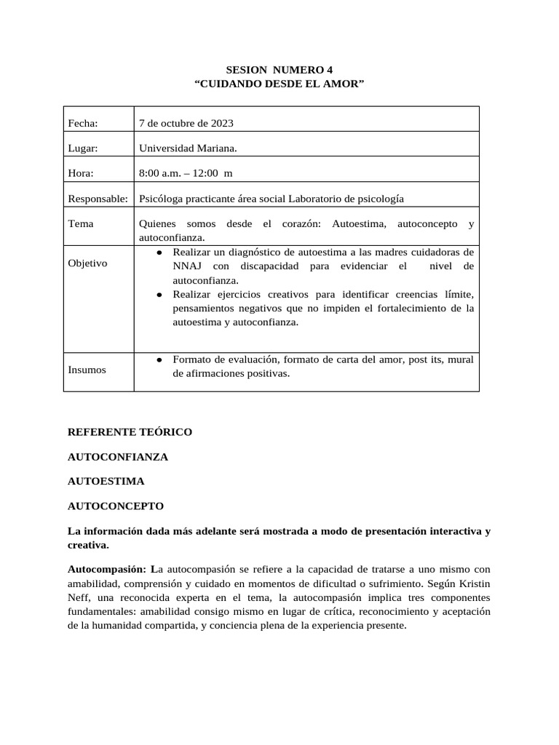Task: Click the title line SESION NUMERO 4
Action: click(x=279, y=71)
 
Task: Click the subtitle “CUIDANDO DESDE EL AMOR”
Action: click(x=279, y=84)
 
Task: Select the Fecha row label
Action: click(x=82, y=123)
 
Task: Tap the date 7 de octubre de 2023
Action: click(x=186, y=123)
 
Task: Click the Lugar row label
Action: click(x=82, y=148)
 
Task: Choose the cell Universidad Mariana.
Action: click(x=188, y=148)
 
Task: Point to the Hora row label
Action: click(x=81, y=173)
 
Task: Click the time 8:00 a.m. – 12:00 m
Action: click(x=186, y=173)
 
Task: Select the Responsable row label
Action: click(x=98, y=199)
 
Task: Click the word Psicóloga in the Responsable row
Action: click(x=161, y=199)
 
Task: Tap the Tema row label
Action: click(x=80, y=224)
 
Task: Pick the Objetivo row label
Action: click(x=87, y=263)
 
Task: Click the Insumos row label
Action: click(x=87, y=370)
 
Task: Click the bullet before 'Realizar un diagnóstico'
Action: click(x=159, y=252)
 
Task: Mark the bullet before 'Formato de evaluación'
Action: click(x=159, y=359)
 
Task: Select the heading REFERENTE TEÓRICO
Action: click(x=130, y=432)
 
